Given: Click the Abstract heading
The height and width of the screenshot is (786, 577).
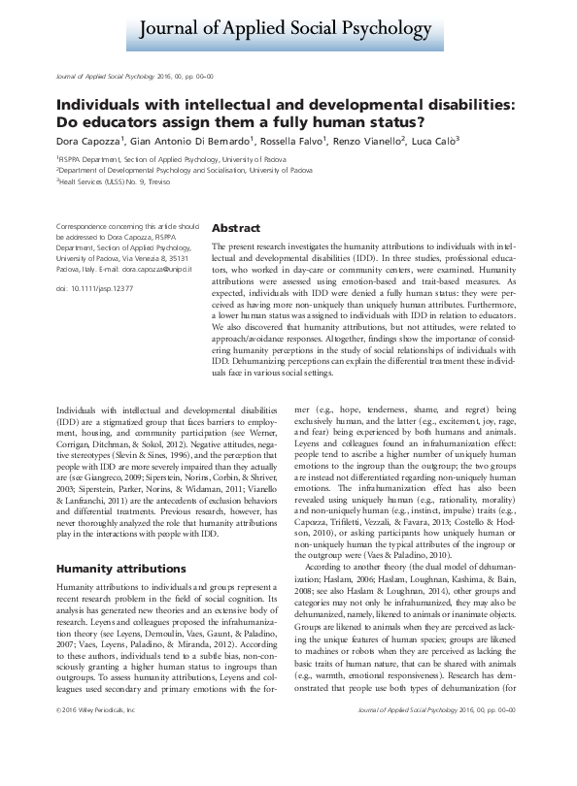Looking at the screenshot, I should point(235,228).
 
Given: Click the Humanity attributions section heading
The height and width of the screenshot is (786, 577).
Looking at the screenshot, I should point(116,568).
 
